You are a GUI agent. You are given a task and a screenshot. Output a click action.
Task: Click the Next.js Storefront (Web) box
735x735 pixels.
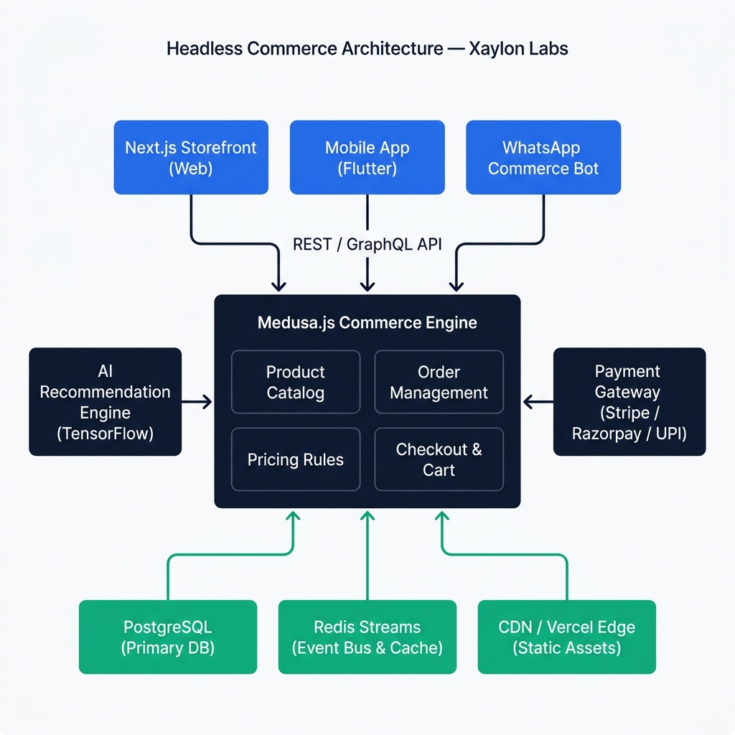pyautogui.click(x=191, y=157)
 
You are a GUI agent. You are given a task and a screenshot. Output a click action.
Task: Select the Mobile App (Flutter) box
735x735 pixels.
pyautogui.click(x=367, y=157)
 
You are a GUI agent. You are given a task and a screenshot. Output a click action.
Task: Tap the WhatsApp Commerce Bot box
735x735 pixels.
pyautogui.click(x=543, y=157)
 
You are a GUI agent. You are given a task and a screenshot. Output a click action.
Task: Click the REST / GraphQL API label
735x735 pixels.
pyautogui.click(x=367, y=244)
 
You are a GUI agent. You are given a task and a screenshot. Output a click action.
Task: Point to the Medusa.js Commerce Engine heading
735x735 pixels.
pyautogui.click(x=367, y=322)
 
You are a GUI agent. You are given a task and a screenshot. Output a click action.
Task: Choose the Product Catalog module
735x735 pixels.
pyautogui.click(x=295, y=382)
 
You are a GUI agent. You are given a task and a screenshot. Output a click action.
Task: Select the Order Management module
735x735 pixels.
pyautogui.click(x=439, y=382)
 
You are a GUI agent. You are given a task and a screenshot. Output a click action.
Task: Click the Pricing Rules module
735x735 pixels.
pyautogui.click(x=295, y=459)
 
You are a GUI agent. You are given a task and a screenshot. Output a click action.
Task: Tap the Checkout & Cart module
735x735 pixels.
pyautogui.click(x=439, y=459)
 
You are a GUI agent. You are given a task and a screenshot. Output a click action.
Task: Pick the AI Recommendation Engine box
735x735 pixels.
pyautogui.click(x=105, y=402)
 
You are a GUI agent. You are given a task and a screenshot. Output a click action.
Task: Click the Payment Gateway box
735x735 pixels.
pyautogui.click(x=629, y=402)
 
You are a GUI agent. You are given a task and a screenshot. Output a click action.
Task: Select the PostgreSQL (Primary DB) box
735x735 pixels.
pyautogui.click(x=168, y=637)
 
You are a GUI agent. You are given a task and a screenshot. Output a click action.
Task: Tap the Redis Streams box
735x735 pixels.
pyautogui.click(x=367, y=637)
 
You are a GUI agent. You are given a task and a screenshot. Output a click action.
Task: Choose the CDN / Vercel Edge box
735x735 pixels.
pyautogui.click(x=566, y=637)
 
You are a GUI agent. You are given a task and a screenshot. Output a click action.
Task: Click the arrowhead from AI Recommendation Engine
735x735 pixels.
pyautogui.click(x=207, y=402)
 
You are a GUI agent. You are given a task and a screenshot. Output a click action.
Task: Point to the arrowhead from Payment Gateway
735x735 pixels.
pyautogui.click(x=528, y=402)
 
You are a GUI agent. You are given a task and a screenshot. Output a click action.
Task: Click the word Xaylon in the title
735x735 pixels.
pyautogui.click(x=497, y=49)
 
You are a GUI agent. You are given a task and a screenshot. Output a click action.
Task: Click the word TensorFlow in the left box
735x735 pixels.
pyautogui.click(x=105, y=434)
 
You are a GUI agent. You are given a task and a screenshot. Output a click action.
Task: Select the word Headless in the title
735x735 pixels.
pyautogui.click(x=204, y=49)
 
